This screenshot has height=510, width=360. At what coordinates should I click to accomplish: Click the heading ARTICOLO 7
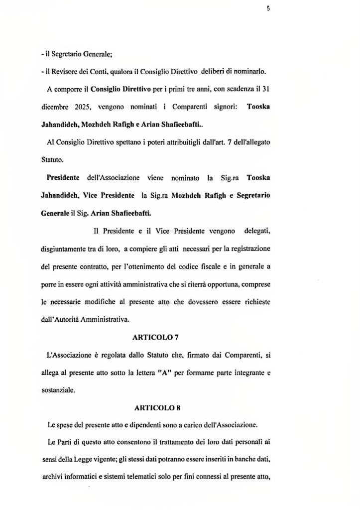coord(156,337)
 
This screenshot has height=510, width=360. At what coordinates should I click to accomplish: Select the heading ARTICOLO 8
coord(157,408)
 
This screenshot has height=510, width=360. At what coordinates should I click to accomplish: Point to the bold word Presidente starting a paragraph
coord(63,178)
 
